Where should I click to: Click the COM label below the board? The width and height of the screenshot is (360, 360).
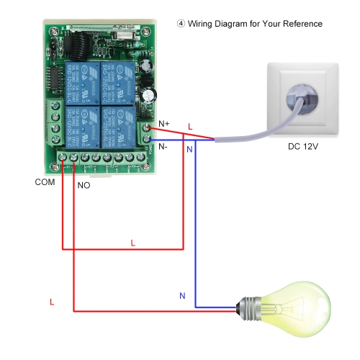[45, 183]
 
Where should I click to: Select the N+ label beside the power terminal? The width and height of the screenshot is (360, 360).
[163, 124]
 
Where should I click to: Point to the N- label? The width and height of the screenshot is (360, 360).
[163, 146]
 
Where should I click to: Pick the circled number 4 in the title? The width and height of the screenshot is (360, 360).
[181, 24]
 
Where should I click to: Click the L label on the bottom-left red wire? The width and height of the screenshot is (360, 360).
[52, 302]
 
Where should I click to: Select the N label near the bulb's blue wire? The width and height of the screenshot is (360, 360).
[181, 296]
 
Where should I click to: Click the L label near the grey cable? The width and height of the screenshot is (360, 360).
[190, 127]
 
